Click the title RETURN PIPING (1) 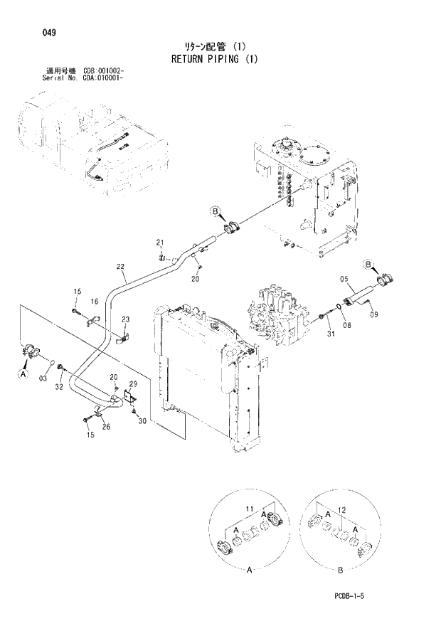pyautogui.click(x=214, y=59)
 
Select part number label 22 pyautogui.click(x=120, y=267)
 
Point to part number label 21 pyautogui.click(x=160, y=242)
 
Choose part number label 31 pyautogui.click(x=330, y=334)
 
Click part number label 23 pyautogui.click(x=125, y=319)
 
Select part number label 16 pyautogui.click(x=93, y=302)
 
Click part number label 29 pyautogui.click(x=133, y=384)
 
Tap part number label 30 pyautogui.click(x=142, y=422)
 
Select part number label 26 pyautogui.click(x=106, y=427)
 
